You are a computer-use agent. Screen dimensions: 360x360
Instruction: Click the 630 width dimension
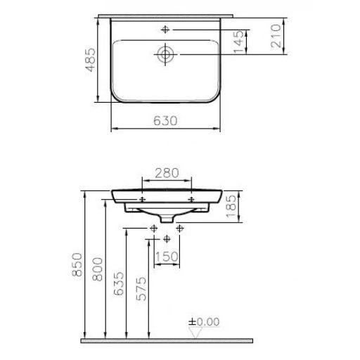click(x=166, y=120)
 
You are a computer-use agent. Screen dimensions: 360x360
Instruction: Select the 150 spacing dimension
click(x=167, y=257)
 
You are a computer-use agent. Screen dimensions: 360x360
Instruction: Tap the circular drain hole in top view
click(x=166, y=53)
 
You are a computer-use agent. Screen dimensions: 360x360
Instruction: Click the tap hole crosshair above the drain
click(x=166, y=30)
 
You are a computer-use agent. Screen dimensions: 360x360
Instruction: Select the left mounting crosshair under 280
click(x=143, y=200)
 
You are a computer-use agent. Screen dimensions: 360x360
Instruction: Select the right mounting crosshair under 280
click(x=192, y=200)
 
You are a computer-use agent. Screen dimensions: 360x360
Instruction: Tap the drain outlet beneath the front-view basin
click(x=167, y=220)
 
